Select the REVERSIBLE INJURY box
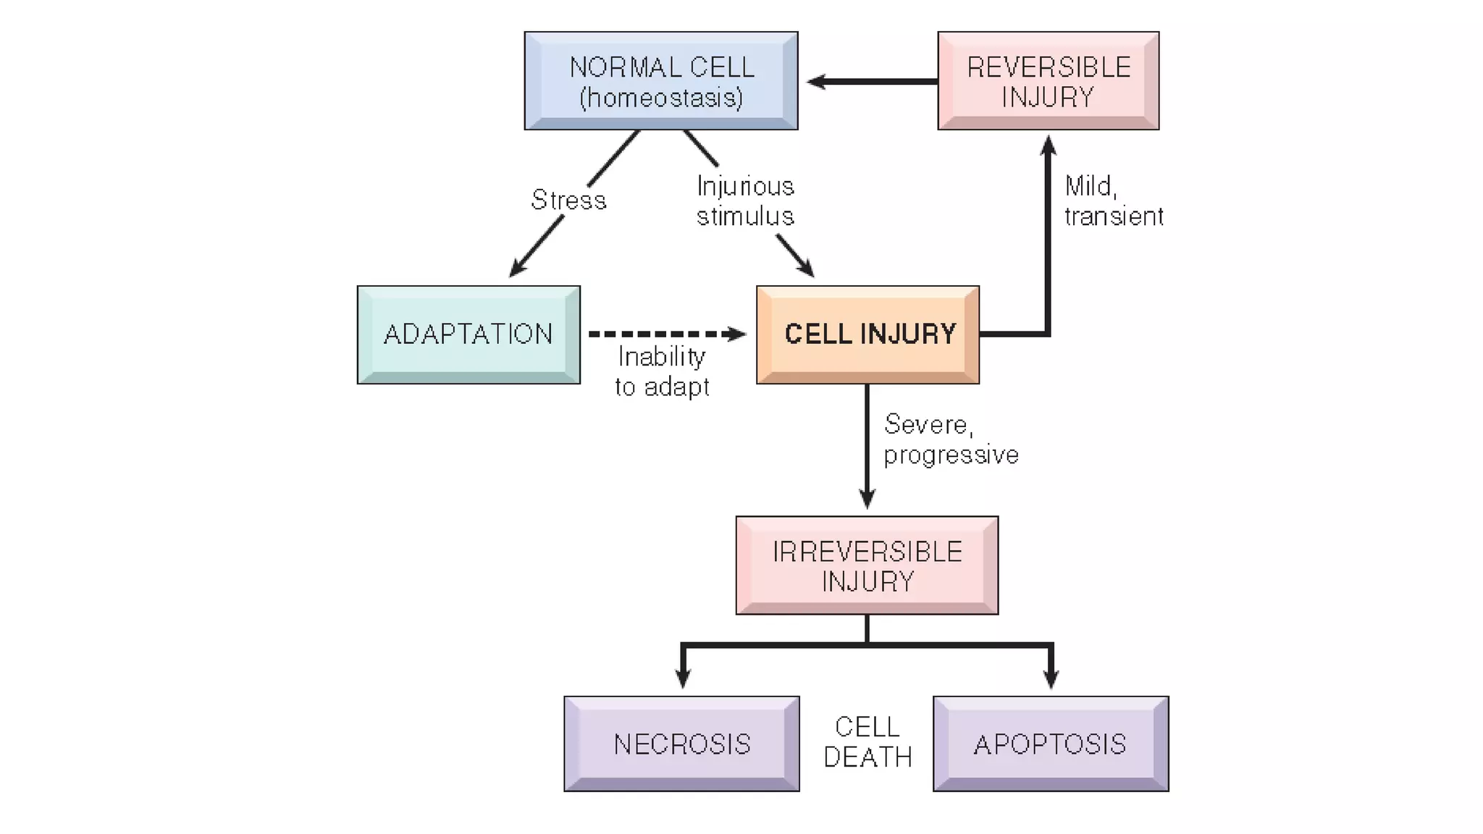[x=1048, y=81]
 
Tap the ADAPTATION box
[x=469, y=334]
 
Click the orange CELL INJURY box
[x=867, y=334]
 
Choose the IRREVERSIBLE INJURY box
[x=867, y=565]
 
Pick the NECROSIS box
[x=681, y=744]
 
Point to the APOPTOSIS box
[x=1050, y=744]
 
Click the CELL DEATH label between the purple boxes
[x=867, y=742]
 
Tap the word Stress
[x=568, y=200]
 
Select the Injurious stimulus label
[x=745, y=201]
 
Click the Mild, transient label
[x=1113, y=201]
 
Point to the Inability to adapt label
[x=661, y=371]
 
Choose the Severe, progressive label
[x=950, y=439]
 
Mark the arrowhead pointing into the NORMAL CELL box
[x=816, y=82]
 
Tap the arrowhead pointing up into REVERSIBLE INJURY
[x=1048, y=145]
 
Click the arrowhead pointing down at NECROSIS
[x=682, y=678]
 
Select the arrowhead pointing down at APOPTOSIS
[x=1051, y=678]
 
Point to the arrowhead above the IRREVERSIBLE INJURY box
[x=867, y=499]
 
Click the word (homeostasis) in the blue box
[x=660, y=98]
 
